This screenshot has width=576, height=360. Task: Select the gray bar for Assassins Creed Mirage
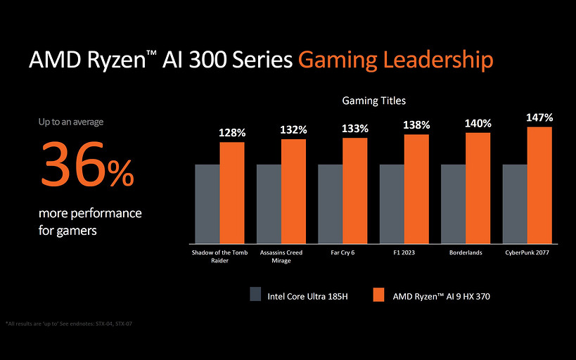pos(269,202)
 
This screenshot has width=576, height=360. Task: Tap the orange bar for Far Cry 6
pos(355,189)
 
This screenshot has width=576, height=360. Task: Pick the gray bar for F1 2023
pos(392,202)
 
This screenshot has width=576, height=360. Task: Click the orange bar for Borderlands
pos(478,186)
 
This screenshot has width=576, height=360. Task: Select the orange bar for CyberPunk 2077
pos(539,184)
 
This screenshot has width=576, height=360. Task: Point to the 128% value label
pos(232,132)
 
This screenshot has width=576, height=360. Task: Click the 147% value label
pos(539,117)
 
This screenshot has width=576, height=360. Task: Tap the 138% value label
pos(416,124)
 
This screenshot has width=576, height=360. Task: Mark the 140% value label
pos(478,123)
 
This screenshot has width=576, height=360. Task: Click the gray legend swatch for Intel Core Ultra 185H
pos(255,295)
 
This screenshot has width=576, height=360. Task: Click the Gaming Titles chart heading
pos(373,101)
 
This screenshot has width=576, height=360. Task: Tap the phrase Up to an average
pos(70,122)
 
